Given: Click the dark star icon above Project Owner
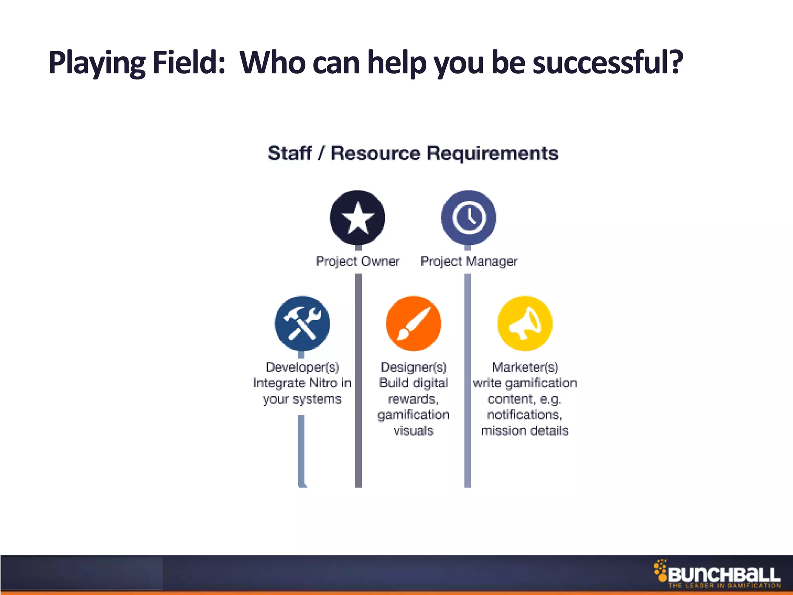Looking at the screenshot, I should coord(357,217).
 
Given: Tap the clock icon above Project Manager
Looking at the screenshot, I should coord(469,217).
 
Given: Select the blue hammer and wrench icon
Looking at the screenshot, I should coord(302,323).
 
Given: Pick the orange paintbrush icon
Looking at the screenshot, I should coord(414,323).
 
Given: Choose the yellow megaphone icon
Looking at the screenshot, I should coord(525,323).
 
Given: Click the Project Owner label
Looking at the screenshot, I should coord(357,261).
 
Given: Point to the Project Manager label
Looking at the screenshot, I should coord(469,261).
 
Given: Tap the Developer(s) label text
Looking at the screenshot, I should coord(302,367).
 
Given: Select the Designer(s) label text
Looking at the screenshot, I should coord(414,367).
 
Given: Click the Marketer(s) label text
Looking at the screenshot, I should coord(525,367).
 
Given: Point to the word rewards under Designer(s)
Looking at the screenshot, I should coord(413,399).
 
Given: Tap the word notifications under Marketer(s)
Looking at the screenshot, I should coord(524,415).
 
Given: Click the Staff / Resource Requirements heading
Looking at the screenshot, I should coord(413,153).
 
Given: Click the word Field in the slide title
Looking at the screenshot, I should coord(189,63).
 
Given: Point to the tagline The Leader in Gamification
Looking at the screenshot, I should coord(724,586).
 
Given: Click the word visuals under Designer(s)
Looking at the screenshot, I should coord(414,431).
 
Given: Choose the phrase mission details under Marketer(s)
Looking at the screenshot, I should coord(525,431).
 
